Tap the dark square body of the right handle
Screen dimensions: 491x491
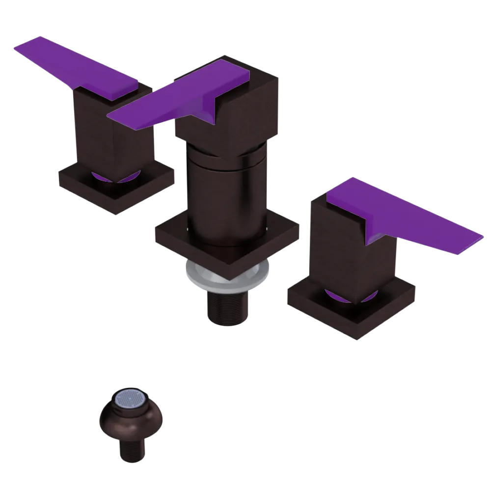click(339, 245)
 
